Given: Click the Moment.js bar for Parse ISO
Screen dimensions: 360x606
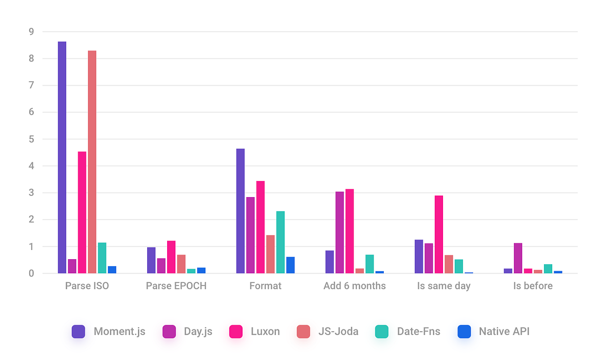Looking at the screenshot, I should pyautogui.click(x=62, y=157).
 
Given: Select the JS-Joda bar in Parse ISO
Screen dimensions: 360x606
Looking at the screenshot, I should pyautogui.click(x=92, y=162).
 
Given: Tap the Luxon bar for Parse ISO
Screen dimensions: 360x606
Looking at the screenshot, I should pyautogui.click(x=82, y=212).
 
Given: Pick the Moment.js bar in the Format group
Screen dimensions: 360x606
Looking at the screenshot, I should pyautogui.click(x=240, y=211).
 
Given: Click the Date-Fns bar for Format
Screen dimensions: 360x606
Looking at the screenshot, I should pyautogui.click(x=281, y=242).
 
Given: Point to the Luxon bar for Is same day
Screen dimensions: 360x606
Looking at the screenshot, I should pyautogui.click(x=439, y=234).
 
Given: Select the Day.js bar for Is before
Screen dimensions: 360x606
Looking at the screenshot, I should pyautogui.click(x=518, y=258).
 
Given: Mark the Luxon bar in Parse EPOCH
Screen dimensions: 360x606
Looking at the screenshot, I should pyautogui.click(x=171, y=257).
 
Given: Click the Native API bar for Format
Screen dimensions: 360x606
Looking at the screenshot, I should pyautogui.click(x=290, y=265).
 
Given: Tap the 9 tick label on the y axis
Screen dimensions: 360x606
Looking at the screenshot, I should pyautogui.click(x=31, y=32).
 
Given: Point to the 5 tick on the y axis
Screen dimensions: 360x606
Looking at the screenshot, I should pyautogui.click(x=31, y=139).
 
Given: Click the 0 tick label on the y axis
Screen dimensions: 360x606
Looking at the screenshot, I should pyautogui.click(x=31, y=273).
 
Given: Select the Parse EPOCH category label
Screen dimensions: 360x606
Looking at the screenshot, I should pyautogui.click(x=176, y=286).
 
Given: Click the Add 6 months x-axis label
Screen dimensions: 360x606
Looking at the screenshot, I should pyautogui.click(x=355, y=286).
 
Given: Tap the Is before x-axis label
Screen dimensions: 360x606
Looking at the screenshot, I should pyautogui.click(x=533, y=286).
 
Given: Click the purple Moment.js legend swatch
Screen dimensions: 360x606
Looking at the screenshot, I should pyautogui.click(x=78, y=332).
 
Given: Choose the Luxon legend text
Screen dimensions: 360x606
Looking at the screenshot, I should pyautogui.click(x=265, y=332).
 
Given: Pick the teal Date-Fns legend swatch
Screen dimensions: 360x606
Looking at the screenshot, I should pyautogui.click(x=382, y=332).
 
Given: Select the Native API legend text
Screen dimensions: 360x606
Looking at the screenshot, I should pyautogui.click(x=504, y=332).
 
